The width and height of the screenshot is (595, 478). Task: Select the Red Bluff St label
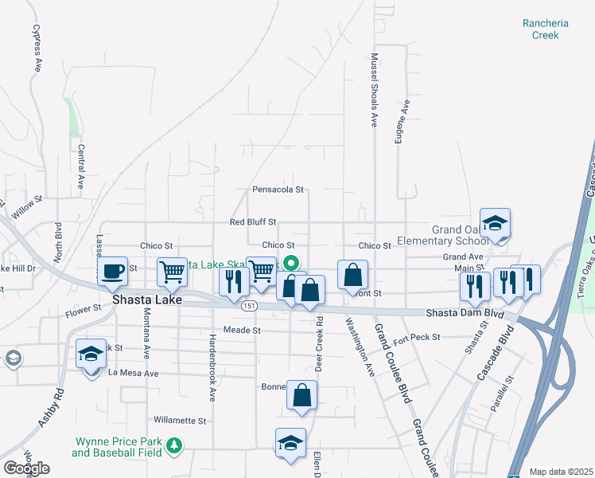pyautogui.click(x=252, y=221)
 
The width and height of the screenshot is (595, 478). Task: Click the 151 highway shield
pyautogui.click(x=250, y=305)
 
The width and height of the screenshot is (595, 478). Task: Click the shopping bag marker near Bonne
pyautogui.click(x=301, y=395)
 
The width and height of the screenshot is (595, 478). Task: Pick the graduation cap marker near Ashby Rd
pyautogui.click(x=91, y=354)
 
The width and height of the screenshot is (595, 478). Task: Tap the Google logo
pyautogui.click(x=27, y=468)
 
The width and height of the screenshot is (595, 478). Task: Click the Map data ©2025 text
pyautogui.click(x=560, y=472)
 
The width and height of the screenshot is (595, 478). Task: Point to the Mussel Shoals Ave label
pyautogui.click(x=373, y=90)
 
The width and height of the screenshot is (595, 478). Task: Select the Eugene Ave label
pyautogui.click(x=405, y=121)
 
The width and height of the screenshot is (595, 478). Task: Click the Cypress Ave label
pyautogui.click(x=36, y=48)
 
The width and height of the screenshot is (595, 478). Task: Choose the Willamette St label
pyautogui.click(x=180, y=420)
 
